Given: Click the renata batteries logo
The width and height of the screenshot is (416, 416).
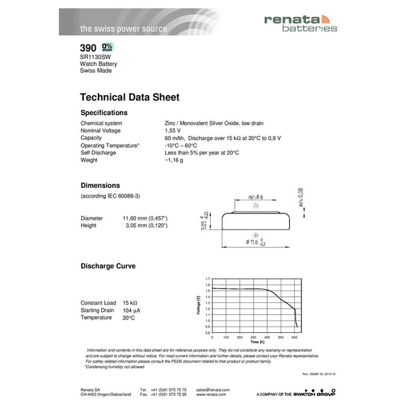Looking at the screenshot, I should (300, 23).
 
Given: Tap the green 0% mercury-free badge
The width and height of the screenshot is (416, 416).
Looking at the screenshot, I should (107, 47).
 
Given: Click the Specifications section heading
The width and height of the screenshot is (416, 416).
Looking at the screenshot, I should (104, 112).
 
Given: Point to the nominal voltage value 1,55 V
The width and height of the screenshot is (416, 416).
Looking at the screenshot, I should (173, 130).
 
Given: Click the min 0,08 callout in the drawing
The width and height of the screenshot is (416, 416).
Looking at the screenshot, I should (301, 198).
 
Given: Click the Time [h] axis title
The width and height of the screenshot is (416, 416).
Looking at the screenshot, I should (257, 343).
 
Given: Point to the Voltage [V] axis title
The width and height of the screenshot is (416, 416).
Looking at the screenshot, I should (200, 306).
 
